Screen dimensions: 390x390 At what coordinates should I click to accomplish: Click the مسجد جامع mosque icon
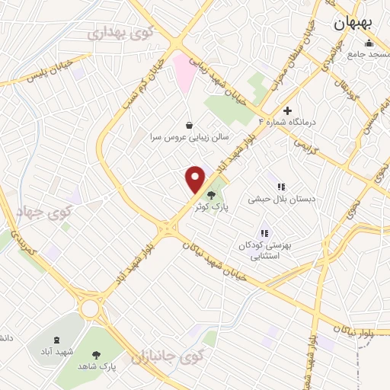[x=369, y=43]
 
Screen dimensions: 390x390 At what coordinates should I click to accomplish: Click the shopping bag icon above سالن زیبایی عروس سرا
[x=190, y=124]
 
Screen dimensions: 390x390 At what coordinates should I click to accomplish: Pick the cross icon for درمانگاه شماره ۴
[x=287, y=110]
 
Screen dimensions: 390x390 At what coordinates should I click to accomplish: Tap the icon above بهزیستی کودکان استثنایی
[x=264, y=233]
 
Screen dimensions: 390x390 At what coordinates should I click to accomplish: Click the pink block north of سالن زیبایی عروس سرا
[x=183, y=70]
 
